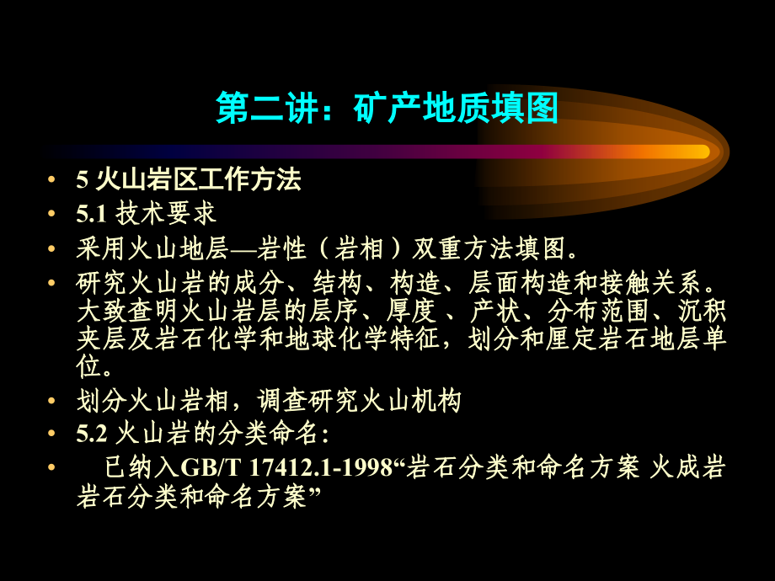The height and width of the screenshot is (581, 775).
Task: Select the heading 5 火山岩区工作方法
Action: [x=188, y=179]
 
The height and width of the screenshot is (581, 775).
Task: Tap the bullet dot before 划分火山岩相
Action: [x=54, y=401]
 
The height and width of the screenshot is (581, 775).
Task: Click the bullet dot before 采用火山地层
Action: [x=54, y=249]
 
